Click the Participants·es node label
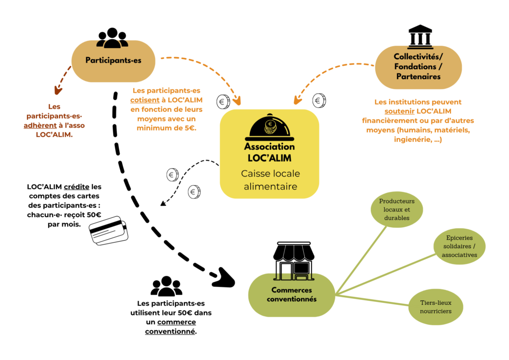113,60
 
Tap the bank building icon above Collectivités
420,36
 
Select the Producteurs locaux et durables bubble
397,209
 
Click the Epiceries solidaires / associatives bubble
459,247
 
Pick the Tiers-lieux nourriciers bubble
435,307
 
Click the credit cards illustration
109,230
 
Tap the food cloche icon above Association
269,127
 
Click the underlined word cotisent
145,100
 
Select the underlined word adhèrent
40,125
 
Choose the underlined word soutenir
399,111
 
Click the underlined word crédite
76,186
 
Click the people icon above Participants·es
112,38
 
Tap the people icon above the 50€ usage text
166,286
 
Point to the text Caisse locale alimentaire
270,180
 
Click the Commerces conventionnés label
291,294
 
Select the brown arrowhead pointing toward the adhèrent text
58,90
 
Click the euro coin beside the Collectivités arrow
319,100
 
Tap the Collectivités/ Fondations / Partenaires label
419,67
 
